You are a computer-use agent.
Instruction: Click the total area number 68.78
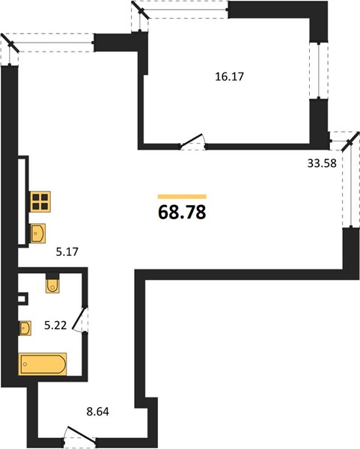pyautogui.click(x=182, y=213)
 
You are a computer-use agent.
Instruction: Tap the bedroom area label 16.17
pyautogui.click(x=230, y=77)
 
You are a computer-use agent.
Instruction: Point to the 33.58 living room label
pyautogui.click(x=322, y=163)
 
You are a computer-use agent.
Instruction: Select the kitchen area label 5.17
pyautogui.click(x=67, y=252)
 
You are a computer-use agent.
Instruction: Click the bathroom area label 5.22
pyautogui.click(x=55, y=326)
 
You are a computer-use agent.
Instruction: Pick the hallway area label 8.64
pyautogui.click(x=97, y=412)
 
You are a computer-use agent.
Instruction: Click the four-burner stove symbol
pyautogui.click(x=40, y=201)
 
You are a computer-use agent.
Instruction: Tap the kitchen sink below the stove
pyautogui.click(x=38, y=233)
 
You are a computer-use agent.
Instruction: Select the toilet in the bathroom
pyautogui.click(x=52, y=283)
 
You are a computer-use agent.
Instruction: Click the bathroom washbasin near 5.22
pyautogui.click(x=25, y=328)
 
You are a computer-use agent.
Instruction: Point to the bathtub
pyautogui.click(x=43, y=364)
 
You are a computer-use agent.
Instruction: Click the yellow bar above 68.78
pyautogui.click(x=182, y=196)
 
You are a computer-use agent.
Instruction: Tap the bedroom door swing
pyautogui.click(x=192, y=141)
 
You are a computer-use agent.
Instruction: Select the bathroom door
pyautogui.click(x=79, y=320)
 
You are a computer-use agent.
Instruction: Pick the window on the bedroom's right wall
pyautogui.click(x=319, y=71)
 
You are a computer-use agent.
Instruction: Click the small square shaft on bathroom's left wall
pyautogui.click(x=23, y=299)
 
